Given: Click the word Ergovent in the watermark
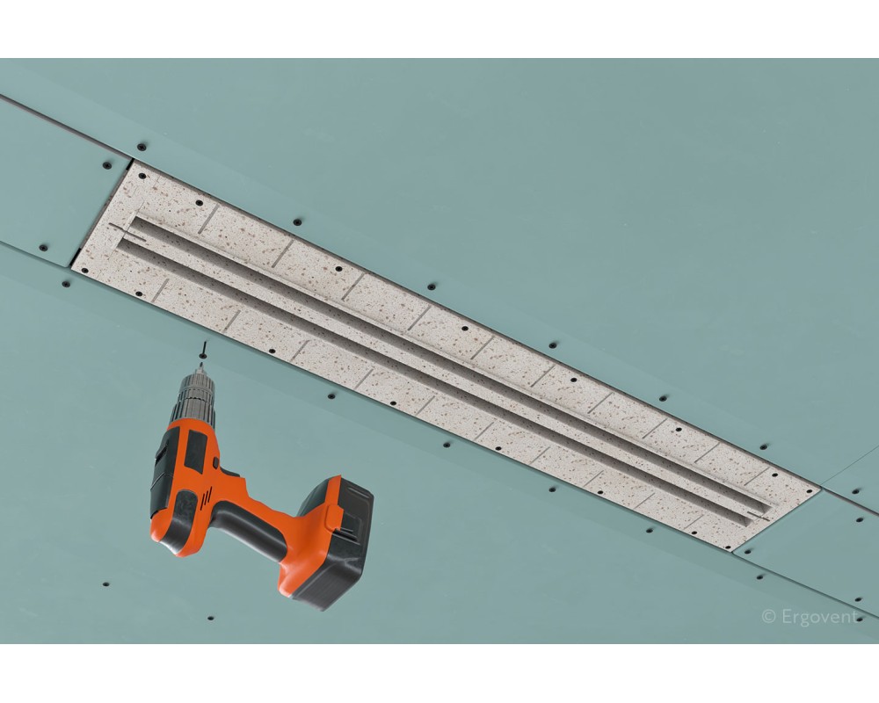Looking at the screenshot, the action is coord(819,617).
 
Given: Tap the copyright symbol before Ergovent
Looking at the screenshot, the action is coord(768,617).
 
